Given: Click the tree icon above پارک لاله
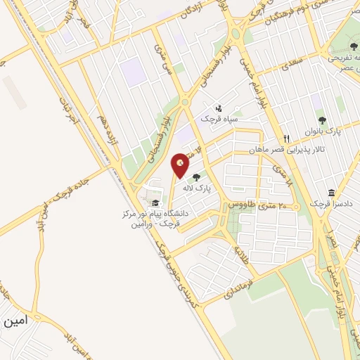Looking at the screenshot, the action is (195, 177).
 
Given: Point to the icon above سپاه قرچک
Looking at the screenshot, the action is (219, 108).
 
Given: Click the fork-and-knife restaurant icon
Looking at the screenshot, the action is (286, 139).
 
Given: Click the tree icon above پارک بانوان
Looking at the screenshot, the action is (323, 120).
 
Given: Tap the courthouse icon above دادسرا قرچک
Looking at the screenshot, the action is (330, 193).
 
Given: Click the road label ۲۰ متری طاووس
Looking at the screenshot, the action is (254, 205).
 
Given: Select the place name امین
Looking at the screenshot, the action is (16, 321).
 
